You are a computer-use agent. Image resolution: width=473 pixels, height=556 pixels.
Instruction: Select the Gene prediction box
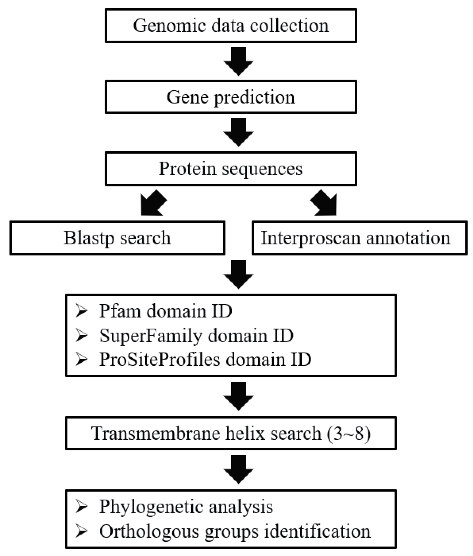pos(231,97)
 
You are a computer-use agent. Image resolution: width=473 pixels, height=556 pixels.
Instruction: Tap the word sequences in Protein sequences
pos(262,169)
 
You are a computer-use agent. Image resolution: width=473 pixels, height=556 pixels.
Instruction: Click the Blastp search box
pos(117,238)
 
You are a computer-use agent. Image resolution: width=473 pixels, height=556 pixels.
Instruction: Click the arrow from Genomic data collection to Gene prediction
pos(238,61)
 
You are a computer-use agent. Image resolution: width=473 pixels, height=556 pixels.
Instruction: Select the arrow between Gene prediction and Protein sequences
pos(238,132)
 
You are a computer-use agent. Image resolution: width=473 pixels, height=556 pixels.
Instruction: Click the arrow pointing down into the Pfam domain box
pos(238,275)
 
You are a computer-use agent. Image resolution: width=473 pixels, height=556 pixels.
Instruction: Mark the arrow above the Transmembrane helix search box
pos(238,396)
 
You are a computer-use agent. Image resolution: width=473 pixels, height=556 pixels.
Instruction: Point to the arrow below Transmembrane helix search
pos(238,469)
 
